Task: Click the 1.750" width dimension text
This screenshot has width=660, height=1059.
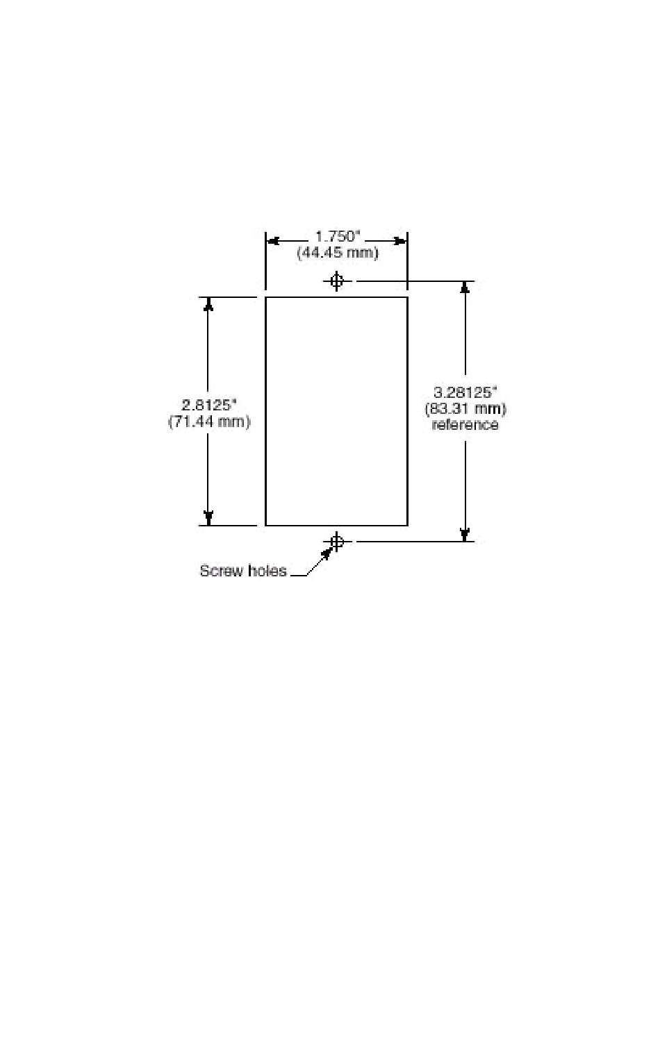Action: pyautogui.click(x=336, y=236)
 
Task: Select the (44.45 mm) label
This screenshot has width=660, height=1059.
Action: pyautogui.click(x=338, y=253)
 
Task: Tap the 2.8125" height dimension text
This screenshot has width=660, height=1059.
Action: pyautogui.click(x=209, y=404)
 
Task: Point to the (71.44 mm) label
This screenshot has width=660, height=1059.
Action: pyautogui.click(x=209, y=421)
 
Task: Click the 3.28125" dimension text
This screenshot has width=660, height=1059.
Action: pyautogui.click(x=465, y=392)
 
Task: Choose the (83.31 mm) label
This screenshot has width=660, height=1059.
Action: pyautogui.click(x=465, y=408)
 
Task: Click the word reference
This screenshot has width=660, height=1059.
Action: pyautogui.click(x=465, y=425)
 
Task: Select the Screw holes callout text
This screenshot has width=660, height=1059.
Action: pyautogui.click(x=243, y=571)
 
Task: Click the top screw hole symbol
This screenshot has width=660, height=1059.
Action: pyautogui.click(x=337, y=281)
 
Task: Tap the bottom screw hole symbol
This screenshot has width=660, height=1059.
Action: pyautogui.click(x=337, y=541)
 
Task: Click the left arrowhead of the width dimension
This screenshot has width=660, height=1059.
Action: pyautogui.click(x=273, y=241)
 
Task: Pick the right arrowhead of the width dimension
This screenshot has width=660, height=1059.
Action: pyautogui.click(x=400, y=241)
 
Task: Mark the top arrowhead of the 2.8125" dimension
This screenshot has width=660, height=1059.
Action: pyautogui.click(x=208, y=304)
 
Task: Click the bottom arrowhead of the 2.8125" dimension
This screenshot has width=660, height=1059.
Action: pyautogui.click(x=208, y=518)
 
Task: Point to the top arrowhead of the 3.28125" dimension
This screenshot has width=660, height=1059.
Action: pyautogui.click(x=465, y=288)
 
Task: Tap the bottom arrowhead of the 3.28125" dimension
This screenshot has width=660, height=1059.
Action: pyautogui.click(x=465, y=533)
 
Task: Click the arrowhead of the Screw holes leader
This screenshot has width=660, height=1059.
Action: pyautogui.click(x=326, y=553)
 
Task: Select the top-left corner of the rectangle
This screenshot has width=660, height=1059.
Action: pyautogui.click(x=266, y=297)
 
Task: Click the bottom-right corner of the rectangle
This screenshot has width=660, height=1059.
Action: pyautogui.click(x=407, y=526)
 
